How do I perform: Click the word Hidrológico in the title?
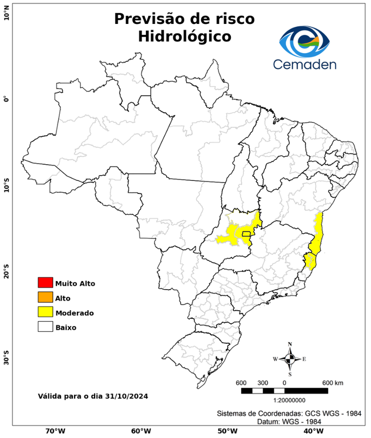coord(185,36)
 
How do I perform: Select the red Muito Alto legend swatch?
coord(45,282)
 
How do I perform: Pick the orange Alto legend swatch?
coord(45,297)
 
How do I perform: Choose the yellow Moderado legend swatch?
coord(45,312)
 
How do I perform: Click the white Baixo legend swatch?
coord(45,327)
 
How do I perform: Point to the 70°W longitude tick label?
coord(55,431)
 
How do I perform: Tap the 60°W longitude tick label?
coord(141,431)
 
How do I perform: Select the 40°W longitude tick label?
coord(311,431)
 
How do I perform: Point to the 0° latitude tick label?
coord(6,99)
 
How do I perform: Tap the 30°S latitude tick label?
coord(6,360)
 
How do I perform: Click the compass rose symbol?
coord(290,359)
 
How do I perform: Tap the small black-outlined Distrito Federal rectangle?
coord(246,233)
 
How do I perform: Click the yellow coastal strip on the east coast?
coord(316,234)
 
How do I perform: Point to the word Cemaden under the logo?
coord(304,64)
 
